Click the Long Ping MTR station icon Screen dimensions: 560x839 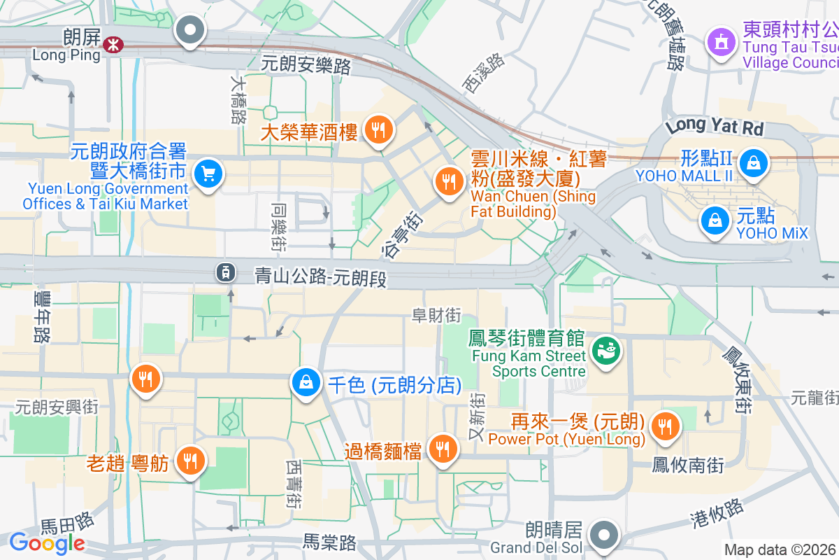(x=112, y=45)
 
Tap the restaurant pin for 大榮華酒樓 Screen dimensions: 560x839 (x=378, y=129)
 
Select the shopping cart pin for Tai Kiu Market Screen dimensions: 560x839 (x=208, y=173)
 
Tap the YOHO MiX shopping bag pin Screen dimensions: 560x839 (x=715, y=220)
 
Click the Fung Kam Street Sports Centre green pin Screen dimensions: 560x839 (x=605, y=350)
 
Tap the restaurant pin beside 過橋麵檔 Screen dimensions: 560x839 (x=442, y=448)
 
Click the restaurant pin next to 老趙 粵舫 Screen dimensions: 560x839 (x=189, y=460)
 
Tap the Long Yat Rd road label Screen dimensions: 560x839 (x=715, y=127)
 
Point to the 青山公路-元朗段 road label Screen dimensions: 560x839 (x=320, y=278)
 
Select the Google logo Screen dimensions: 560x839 (x=47, y=542)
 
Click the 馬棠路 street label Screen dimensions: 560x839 (x=329, y=542)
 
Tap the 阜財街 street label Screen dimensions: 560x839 (x=436, y=316)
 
